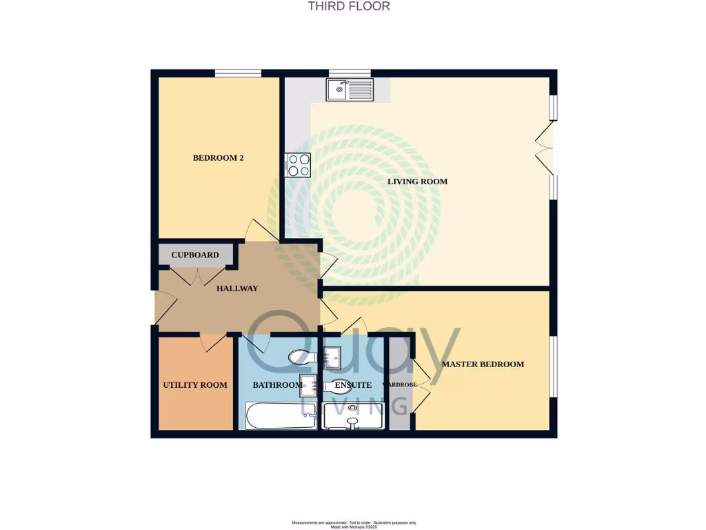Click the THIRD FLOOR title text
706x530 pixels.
pyautogui.click(x=349, y=6)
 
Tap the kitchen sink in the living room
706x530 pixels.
pyautogui.click(x=350, y=89)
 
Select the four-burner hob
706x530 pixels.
pyautogui.click(x=299, y=165)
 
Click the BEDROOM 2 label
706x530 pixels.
pyautogui.click(x=218, y=158)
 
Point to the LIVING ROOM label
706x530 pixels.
pyautogui.click(x=417, y=181)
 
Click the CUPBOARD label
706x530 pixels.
pyautogui.click(x=195, y=255)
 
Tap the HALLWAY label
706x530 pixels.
pyautogui.click(x=237, y=288)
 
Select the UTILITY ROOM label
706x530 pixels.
pyautogui.click(x=194, y=385)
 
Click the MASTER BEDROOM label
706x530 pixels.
pyautogui.click(x=483, y=364)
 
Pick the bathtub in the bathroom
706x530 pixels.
pyautogui.click(x=281, y=415)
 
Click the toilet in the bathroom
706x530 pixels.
pyautogui.click(x=301, y=357)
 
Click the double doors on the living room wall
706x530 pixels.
pyautogui.click(x=545, y=149)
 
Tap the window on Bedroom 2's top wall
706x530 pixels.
pyautogui.click(x=238, y=73)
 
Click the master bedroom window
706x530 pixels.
pyautogui.click(x=553, y=366)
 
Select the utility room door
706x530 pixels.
pyautogui.click(x=212, y=341)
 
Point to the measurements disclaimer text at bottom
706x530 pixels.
pyautogui.click(x=354, y=523)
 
